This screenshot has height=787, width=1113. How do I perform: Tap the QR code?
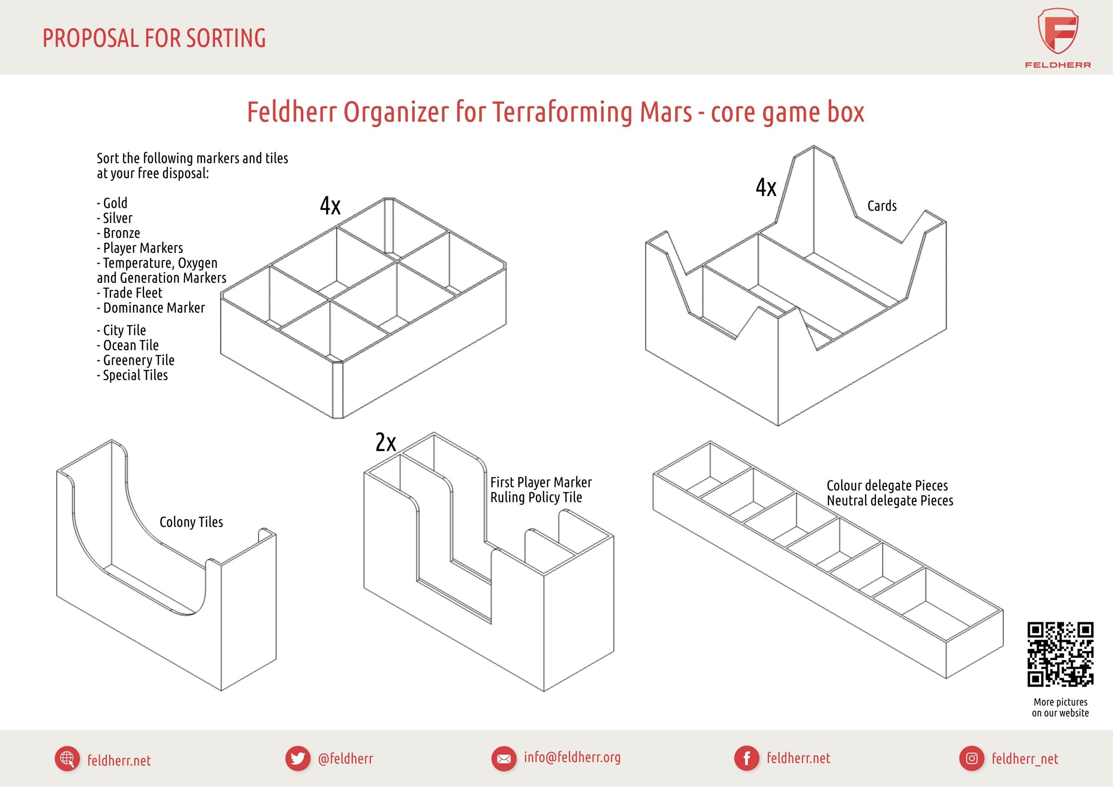1061,654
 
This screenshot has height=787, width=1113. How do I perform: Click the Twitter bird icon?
298,758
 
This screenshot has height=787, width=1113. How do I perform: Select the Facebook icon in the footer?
747,758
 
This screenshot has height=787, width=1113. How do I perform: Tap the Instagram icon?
972,758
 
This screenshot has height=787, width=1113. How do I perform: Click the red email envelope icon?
504,758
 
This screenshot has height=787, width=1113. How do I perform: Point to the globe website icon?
67,758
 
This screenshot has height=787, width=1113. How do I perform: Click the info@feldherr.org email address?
572,757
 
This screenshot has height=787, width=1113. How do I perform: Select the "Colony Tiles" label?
191,522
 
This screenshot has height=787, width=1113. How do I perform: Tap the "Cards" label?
882,206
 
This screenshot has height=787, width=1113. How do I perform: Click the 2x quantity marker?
386,442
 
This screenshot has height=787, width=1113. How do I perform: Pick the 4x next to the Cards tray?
766,187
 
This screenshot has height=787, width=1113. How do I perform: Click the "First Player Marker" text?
541,482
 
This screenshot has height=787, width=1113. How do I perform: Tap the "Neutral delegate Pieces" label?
890,500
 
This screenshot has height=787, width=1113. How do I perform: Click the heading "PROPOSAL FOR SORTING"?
154,38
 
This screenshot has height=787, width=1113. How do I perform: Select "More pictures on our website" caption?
1060,708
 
